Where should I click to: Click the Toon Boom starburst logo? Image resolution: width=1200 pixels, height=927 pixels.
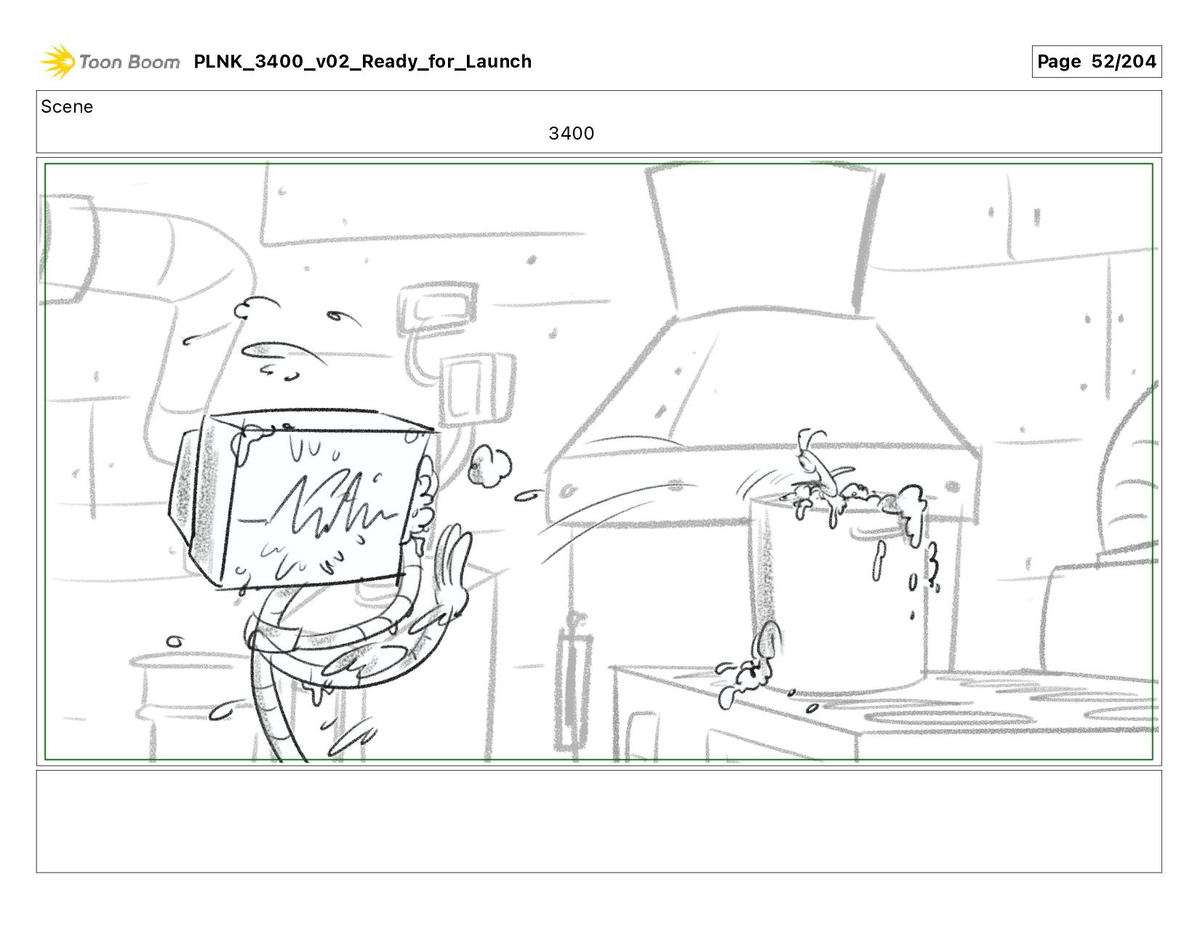pyautogui.click(x=57, y=61)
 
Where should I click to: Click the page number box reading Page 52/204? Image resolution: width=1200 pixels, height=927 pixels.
pyautogui.click(x=1096, y=61)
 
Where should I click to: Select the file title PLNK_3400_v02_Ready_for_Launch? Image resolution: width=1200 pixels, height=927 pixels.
pyautogui.click(x=362, y=61)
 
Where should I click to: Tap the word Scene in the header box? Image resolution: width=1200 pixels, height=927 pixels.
pyautogui.click(x=67, y=107)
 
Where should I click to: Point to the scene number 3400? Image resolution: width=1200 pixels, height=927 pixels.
pyautogui.click(x=571, y=133)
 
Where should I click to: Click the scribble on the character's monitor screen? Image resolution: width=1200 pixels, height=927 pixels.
pyautogui.click(x=332, y=510)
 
